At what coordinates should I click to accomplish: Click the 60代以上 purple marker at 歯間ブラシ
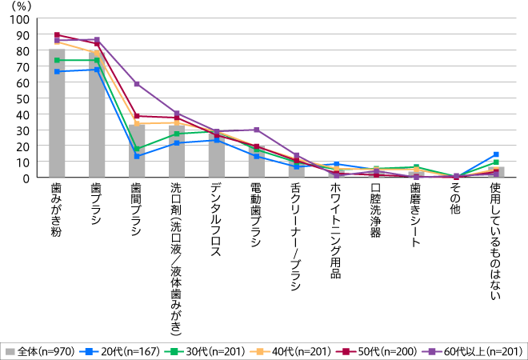137,84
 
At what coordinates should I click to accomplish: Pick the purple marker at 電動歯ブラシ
256,130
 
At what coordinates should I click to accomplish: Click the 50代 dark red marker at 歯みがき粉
57,35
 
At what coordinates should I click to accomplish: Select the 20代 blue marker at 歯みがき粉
57,72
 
